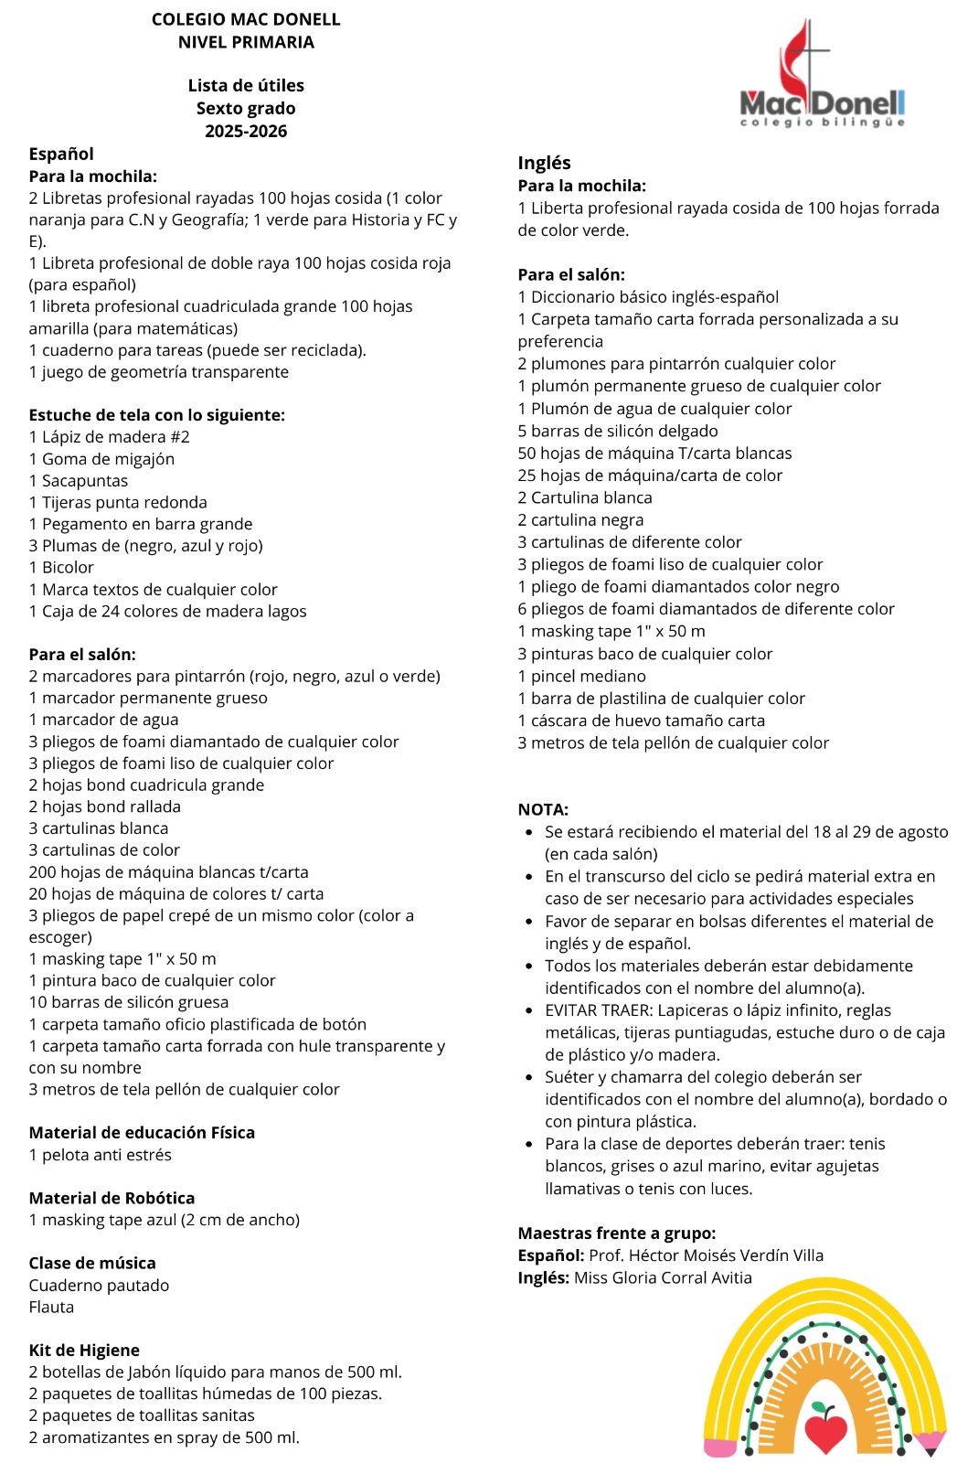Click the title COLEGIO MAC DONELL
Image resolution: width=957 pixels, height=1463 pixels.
point(246,19)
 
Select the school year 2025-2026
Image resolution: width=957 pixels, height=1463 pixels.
point(246,131)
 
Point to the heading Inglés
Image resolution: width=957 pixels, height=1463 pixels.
point(544,163)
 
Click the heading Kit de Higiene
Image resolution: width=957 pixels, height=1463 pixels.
point(84,1350)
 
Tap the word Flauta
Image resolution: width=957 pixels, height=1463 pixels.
point(51,1307)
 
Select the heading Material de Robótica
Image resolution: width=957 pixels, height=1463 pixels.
point(112,1198)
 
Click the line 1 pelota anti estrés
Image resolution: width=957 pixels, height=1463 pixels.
point(101,1155)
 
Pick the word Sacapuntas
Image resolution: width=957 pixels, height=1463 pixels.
point(85,481)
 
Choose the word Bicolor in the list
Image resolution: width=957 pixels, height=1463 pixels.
point(68,568)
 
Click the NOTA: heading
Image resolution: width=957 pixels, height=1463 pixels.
point(543,809)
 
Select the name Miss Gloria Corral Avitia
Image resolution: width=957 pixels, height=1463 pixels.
point(663,1277)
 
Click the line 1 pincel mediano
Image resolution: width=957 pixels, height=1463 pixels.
point(581,676)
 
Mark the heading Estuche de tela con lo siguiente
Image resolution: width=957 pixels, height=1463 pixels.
point(156,415)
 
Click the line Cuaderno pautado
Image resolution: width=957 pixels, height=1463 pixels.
point(99,1285)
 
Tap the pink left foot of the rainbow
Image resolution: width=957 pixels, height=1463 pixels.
point(721,1447)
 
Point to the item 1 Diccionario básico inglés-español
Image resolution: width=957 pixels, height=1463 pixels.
point(648,297)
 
